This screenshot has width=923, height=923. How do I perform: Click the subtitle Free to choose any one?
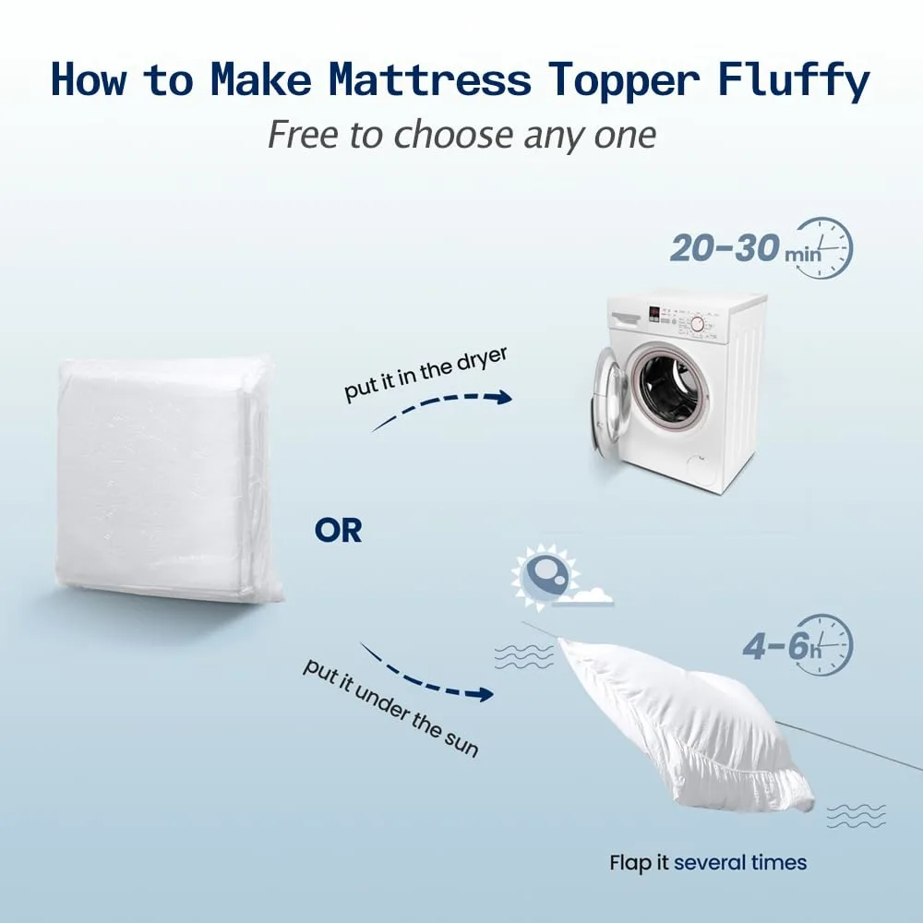pos(461,135)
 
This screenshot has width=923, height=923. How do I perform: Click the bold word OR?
pos(338,531)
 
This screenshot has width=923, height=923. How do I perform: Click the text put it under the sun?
pos(390,707)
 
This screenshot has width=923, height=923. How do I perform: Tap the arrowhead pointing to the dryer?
pos(501,397)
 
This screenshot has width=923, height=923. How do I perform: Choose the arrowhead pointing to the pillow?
pos(484,693)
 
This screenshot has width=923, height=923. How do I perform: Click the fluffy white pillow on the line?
pos(683,720)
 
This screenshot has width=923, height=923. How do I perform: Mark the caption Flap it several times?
pos(708,863)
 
